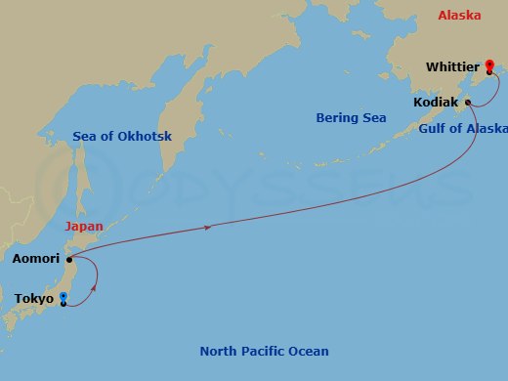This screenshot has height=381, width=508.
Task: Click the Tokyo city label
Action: [x=33, y=299]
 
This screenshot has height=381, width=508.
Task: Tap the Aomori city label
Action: [x=35, y=260]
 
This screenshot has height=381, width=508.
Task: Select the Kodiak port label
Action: [x=437, y=102]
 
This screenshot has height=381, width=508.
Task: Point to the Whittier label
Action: [x=453, y=67]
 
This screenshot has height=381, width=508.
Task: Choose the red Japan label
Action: [x=84, y=227]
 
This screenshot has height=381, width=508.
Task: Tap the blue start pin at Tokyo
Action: [x=63, y=297]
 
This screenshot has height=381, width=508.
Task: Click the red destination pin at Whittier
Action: [x=488, y=65]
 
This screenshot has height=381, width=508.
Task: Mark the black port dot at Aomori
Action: [x=69, y=259]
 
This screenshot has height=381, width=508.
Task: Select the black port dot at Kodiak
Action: [x=468, y=102]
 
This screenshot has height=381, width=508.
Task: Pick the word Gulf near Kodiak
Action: [x=434, y=129]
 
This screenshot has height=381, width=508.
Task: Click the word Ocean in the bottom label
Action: [x=310, y=352]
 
